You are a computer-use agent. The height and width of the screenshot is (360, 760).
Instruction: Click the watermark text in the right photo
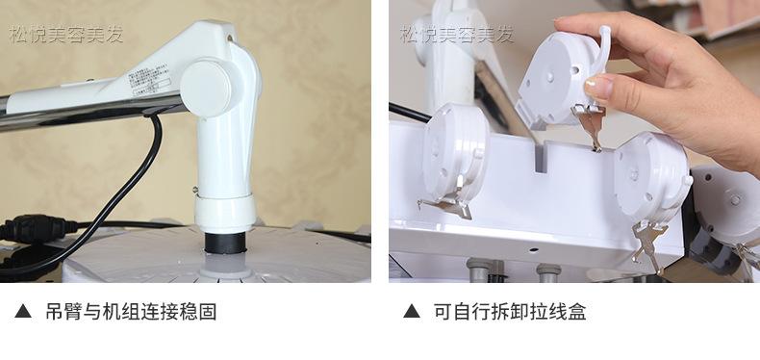[457, 36]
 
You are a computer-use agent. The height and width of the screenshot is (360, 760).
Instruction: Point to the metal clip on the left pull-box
[444, 202]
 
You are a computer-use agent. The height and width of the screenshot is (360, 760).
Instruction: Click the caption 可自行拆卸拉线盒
[509, 312]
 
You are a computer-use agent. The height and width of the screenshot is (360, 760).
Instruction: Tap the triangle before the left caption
[23, 312]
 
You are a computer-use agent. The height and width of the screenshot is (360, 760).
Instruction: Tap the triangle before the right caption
[412, 312]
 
